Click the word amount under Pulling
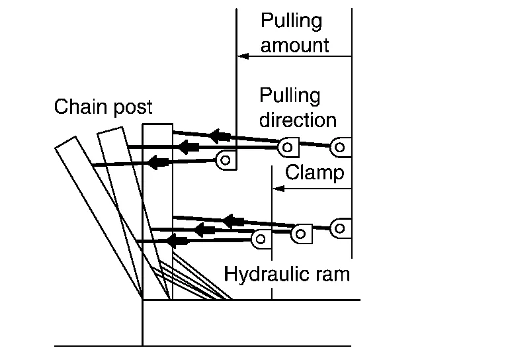pos(294,46)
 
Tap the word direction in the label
pos(298,120)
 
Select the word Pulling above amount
pos(291,21)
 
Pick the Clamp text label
pos(314,173)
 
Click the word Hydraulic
pos(263,274)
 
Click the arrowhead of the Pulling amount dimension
pos(242,57)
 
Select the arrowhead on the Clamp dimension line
pos(278,189)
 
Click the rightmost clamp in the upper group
pos(341,147)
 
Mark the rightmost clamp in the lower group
pos(339,228)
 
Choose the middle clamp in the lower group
pos(302,233)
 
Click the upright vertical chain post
pos(157,212)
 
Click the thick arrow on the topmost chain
pos(220,136)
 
